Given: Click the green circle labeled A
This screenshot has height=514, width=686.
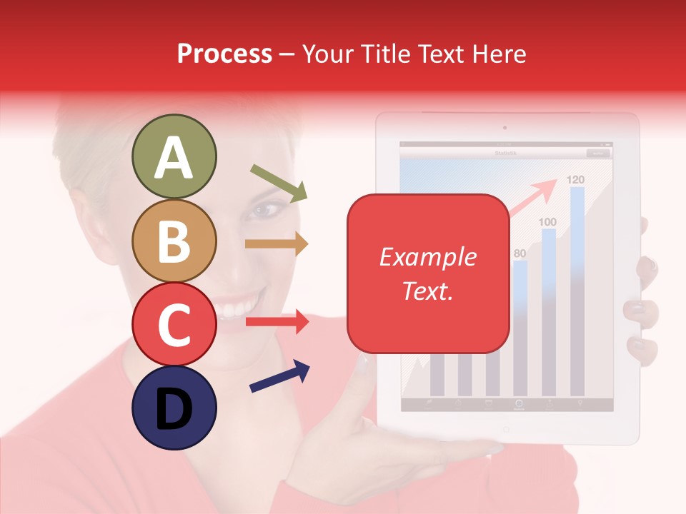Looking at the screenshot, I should [174, 156].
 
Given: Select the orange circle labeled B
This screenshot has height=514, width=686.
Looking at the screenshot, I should [174, 241].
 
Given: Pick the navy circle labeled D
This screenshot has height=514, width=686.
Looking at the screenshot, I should [174, 408].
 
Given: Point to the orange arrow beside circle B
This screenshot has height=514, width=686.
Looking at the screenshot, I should [277, 243].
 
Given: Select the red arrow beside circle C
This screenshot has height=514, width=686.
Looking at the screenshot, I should [277, 322].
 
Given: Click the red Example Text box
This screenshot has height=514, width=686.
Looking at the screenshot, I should [427, 273].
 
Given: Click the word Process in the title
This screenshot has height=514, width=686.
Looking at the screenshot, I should [224, 54].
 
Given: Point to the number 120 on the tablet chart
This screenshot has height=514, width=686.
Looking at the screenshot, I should [576, 179].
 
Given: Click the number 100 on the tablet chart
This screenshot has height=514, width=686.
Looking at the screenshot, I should [547, 222].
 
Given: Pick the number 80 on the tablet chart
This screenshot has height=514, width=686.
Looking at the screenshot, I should [520, 253].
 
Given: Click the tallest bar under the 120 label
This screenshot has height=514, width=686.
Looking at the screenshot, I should [577, 293].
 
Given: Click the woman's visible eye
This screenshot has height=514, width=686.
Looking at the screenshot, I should [266, 210].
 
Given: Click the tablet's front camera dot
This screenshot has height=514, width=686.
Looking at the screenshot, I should [504, 128].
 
